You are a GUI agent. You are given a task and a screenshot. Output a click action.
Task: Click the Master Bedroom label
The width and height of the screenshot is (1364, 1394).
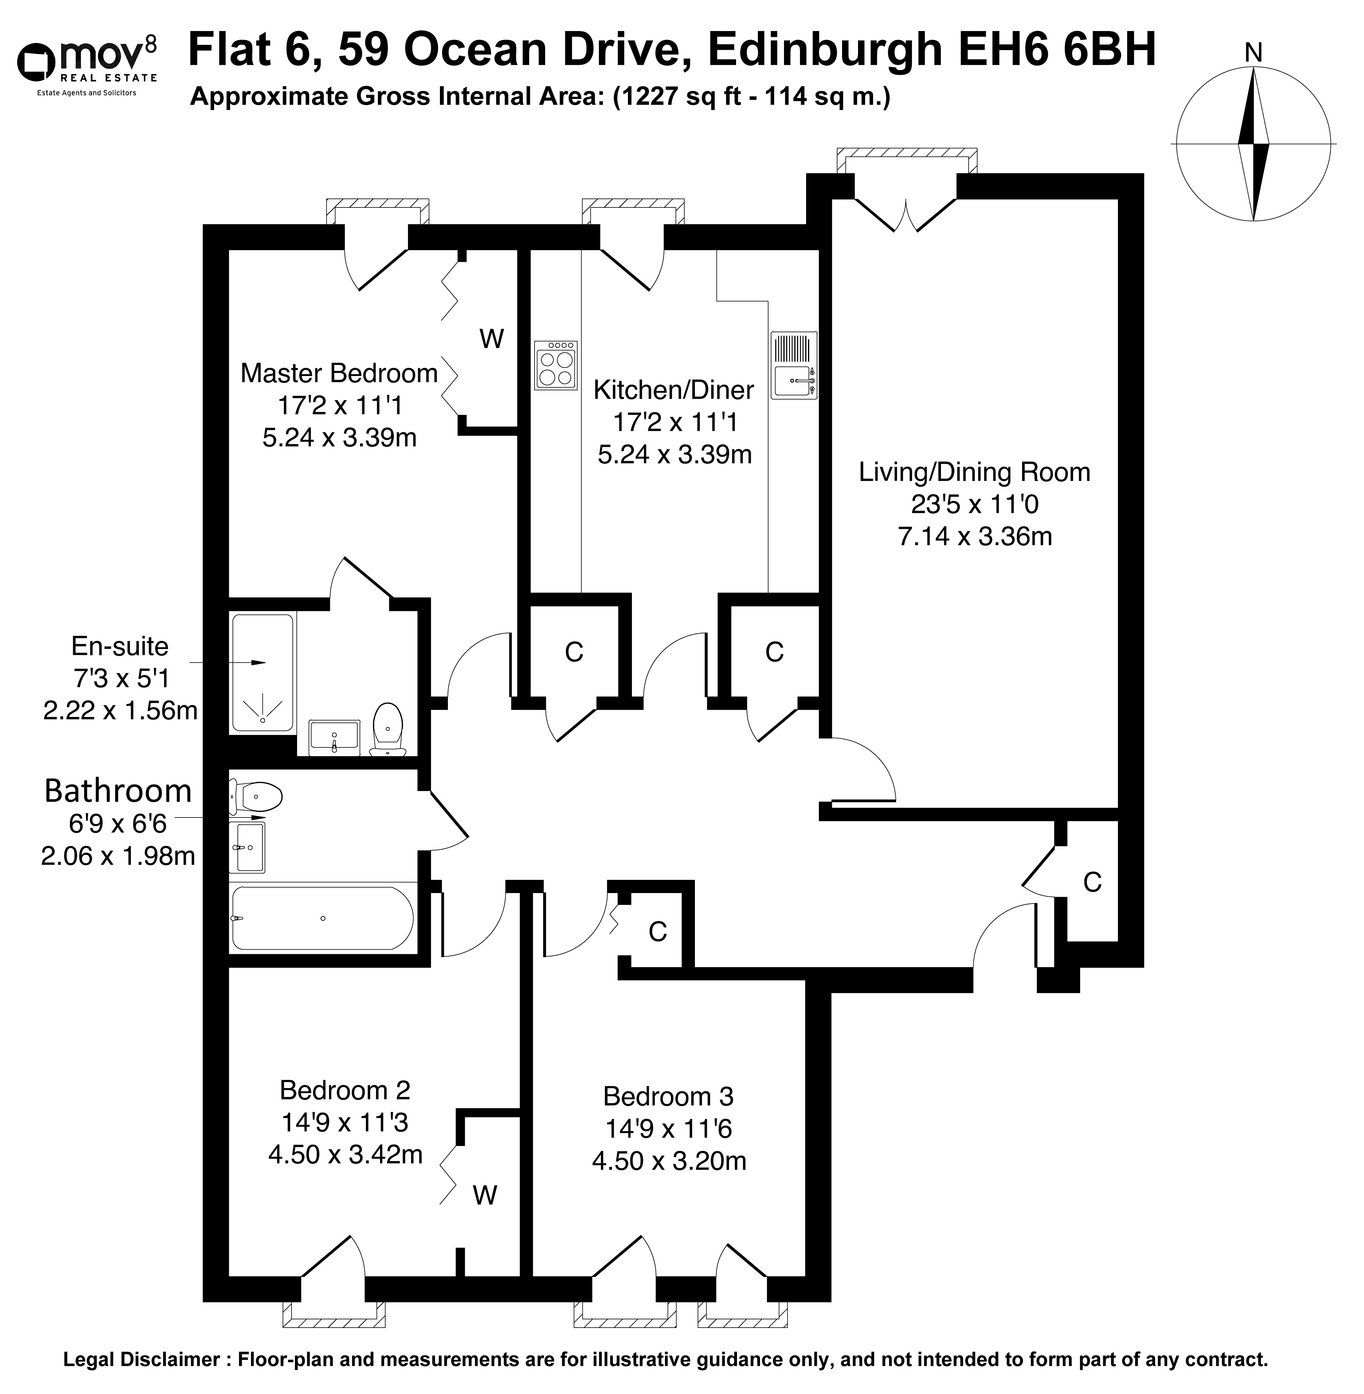tap(339, 373)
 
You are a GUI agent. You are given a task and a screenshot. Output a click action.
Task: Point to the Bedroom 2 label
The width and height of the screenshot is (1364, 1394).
tap(345, 1091)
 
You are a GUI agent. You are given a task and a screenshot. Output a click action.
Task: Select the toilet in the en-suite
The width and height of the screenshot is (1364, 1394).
tap(388, 729)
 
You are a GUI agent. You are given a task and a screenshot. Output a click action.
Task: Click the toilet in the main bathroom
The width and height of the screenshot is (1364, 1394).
tap(256, 796)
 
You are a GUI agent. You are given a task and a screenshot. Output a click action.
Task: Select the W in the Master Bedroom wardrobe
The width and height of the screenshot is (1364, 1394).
tap(492, 339)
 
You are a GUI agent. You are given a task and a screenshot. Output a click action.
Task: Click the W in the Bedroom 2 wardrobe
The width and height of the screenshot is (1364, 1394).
tap(485, 1195)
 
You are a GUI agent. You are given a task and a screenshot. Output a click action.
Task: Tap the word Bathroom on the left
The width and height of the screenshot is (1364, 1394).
tap(118, 791)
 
